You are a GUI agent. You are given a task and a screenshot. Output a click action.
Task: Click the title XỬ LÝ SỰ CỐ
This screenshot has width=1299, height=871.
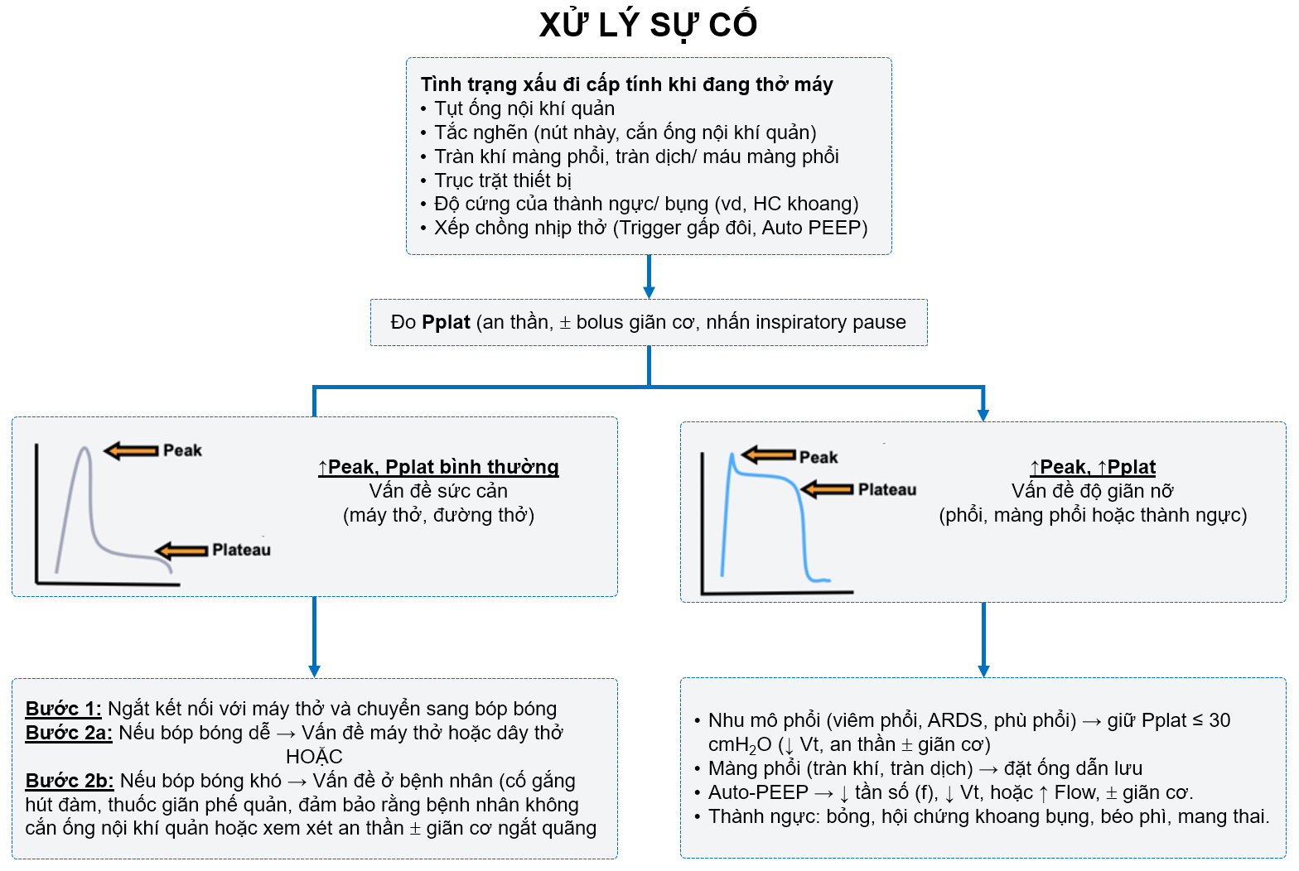pos(648,25)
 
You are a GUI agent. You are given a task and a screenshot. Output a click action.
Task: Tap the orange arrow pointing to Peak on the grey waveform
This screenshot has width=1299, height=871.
pos(131,450)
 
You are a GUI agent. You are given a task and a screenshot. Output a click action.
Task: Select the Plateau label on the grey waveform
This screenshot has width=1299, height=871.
pos(241,550)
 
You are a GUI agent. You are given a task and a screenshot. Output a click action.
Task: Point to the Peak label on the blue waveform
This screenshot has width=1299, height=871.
pos(818,457)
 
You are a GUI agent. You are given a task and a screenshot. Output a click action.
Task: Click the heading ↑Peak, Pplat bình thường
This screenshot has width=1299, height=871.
pos(438,467)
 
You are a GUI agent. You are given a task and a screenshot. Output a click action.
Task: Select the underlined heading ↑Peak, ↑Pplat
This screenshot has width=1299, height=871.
pos(1092,467)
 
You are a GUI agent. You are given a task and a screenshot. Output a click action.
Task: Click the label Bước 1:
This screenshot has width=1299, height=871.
pos(63,709)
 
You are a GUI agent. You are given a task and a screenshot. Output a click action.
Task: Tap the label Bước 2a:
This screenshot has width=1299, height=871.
pos(69,733)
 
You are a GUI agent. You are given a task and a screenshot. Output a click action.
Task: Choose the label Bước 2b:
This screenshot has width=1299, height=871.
pos(70,781)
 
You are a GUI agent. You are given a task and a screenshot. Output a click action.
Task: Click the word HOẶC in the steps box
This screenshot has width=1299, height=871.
pos(314,757)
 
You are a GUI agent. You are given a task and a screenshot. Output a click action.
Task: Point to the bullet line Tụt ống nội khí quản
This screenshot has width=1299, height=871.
pos(524,108)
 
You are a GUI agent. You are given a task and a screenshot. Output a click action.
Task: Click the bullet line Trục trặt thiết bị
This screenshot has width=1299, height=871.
pos(502,180)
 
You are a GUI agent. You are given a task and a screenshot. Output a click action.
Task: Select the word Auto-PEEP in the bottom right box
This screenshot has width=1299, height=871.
pos(757,792)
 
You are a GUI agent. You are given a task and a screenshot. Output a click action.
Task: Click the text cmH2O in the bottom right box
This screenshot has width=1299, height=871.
pos(739,745)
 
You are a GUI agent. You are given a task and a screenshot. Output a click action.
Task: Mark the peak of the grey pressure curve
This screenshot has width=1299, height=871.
pos(84,450)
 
